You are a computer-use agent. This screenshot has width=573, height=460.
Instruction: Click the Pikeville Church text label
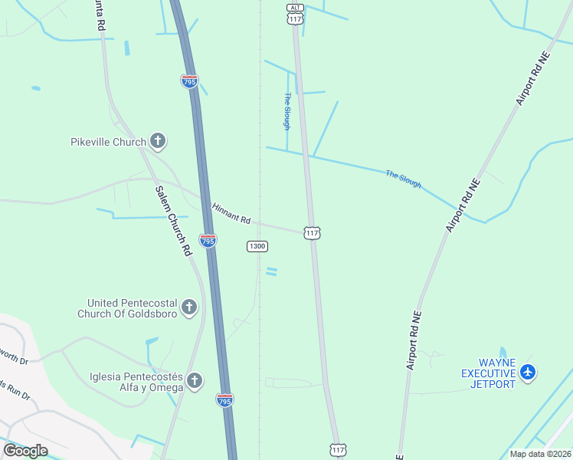coord(108,142)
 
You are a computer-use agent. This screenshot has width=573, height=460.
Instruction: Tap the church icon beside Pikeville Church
coord(158,141)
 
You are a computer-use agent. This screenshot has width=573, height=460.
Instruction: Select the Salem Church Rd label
coord(172,221)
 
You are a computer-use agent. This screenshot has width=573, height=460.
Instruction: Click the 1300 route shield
coord(257,246)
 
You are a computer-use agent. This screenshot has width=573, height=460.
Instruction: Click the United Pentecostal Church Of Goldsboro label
coord(127,308)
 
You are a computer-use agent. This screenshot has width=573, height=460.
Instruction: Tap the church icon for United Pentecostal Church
coord(189,308)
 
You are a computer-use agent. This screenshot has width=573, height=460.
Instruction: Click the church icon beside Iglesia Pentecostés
coord(195,381)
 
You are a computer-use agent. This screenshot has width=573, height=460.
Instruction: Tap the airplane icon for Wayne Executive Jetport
coord(527,373)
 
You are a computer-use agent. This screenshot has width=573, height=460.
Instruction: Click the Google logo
coord(25,451)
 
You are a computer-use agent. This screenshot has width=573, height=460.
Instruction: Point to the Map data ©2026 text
coord(539,454)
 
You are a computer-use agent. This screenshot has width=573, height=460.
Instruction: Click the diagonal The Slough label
coord(403,179)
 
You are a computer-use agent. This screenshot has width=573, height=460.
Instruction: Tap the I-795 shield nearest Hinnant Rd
coord(208,240)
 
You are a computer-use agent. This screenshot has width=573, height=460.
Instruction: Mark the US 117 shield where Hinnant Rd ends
coord(312,232)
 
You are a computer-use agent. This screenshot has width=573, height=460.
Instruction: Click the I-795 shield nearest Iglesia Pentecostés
coord(224,399)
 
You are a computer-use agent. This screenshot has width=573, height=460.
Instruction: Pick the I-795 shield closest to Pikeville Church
coord(190,80)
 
